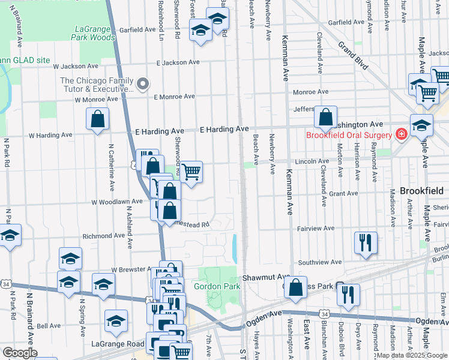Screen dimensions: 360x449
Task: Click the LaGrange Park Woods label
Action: [95, 33]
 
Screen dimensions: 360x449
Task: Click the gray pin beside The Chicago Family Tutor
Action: [142, 85]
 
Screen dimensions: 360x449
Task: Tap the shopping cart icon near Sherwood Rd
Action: [191, 173]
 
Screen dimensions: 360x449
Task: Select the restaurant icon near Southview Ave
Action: [366, 242]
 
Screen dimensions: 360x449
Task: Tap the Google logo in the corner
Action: [19, 353]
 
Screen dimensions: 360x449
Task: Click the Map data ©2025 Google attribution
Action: [412, 355]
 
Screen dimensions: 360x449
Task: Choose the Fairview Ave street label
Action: [316, 228]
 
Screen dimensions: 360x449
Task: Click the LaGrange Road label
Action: [118, 344]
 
